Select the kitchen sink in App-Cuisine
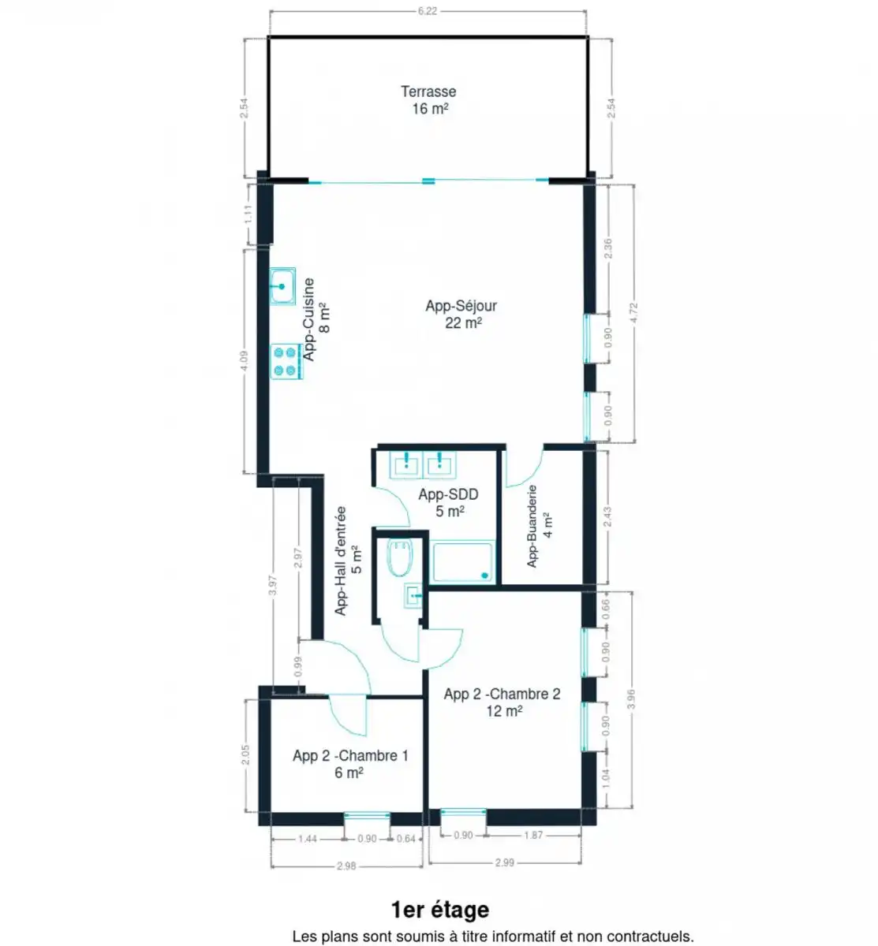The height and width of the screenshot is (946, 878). point(282,286)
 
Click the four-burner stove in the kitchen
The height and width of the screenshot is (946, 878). point(286,362)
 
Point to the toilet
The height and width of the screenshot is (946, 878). point(399,558)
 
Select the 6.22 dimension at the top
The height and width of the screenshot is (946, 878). point(428,12)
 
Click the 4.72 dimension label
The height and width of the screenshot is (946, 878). point(633,313)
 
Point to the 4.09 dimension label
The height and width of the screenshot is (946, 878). point(244,361)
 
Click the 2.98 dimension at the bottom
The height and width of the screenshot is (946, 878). point(346,866)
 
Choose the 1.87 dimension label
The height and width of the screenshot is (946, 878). point(533,835)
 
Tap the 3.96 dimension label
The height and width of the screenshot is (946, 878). point(632,698)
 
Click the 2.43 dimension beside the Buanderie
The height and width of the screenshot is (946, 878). point(607,517)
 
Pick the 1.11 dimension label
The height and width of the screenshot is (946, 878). point(248,214)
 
